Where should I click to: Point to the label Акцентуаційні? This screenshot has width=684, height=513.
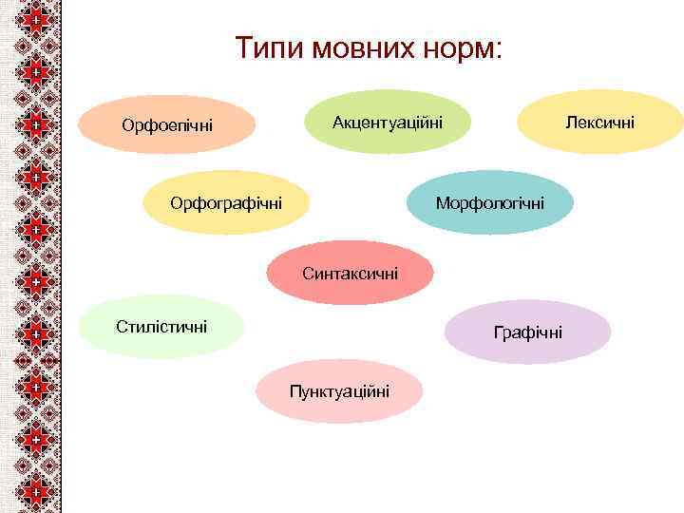(387, 122)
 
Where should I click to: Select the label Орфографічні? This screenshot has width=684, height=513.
(225, 202)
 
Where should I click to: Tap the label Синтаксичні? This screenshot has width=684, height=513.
(351, 274)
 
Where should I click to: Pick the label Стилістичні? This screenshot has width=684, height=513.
(161, 327)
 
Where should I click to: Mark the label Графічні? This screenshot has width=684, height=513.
(527, 332)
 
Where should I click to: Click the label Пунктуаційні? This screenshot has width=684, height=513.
(339, 391)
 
